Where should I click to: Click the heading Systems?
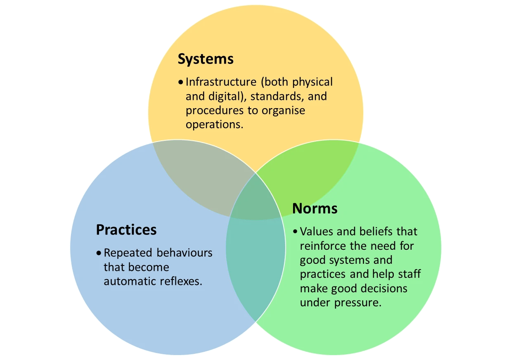(x=206, y=59)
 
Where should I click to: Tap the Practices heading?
(x=126, y=230)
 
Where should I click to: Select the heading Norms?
(x=315, y=208)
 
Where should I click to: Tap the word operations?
(x=214, y=124)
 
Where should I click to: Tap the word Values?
(x=317, y=231)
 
